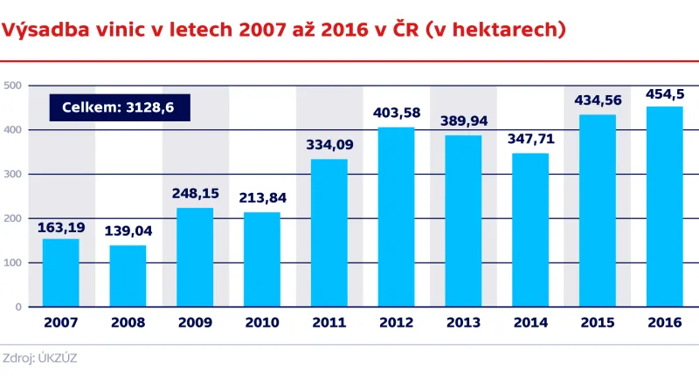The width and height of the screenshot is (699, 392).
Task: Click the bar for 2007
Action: click(60, 273)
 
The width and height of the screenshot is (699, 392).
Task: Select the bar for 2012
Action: click(396, 217)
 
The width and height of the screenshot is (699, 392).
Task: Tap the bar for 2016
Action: click(664, 207)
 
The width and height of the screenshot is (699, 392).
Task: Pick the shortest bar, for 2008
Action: click(128, 276)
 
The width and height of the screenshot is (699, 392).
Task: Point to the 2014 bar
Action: click(530, 230)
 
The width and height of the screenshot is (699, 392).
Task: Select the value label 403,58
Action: click(396, 113)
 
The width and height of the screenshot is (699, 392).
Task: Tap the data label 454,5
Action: click(664, 93)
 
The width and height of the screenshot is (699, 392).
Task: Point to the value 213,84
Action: click(261, 198)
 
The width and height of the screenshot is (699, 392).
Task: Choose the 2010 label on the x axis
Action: click(261, 322)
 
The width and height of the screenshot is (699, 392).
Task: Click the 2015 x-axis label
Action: click(597, 322)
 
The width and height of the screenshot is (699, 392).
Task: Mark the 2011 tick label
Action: click(329, 322)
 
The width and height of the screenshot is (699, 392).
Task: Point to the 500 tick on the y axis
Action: click(12, 86)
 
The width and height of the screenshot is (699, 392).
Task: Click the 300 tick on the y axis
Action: click(12, 174)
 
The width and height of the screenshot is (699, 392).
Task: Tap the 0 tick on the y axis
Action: click(17, 306)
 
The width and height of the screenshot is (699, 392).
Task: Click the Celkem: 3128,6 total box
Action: click(119, 107)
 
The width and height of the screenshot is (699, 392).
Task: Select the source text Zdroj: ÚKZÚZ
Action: click(40, 358)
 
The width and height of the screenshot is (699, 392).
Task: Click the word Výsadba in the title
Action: click(42, 31)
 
